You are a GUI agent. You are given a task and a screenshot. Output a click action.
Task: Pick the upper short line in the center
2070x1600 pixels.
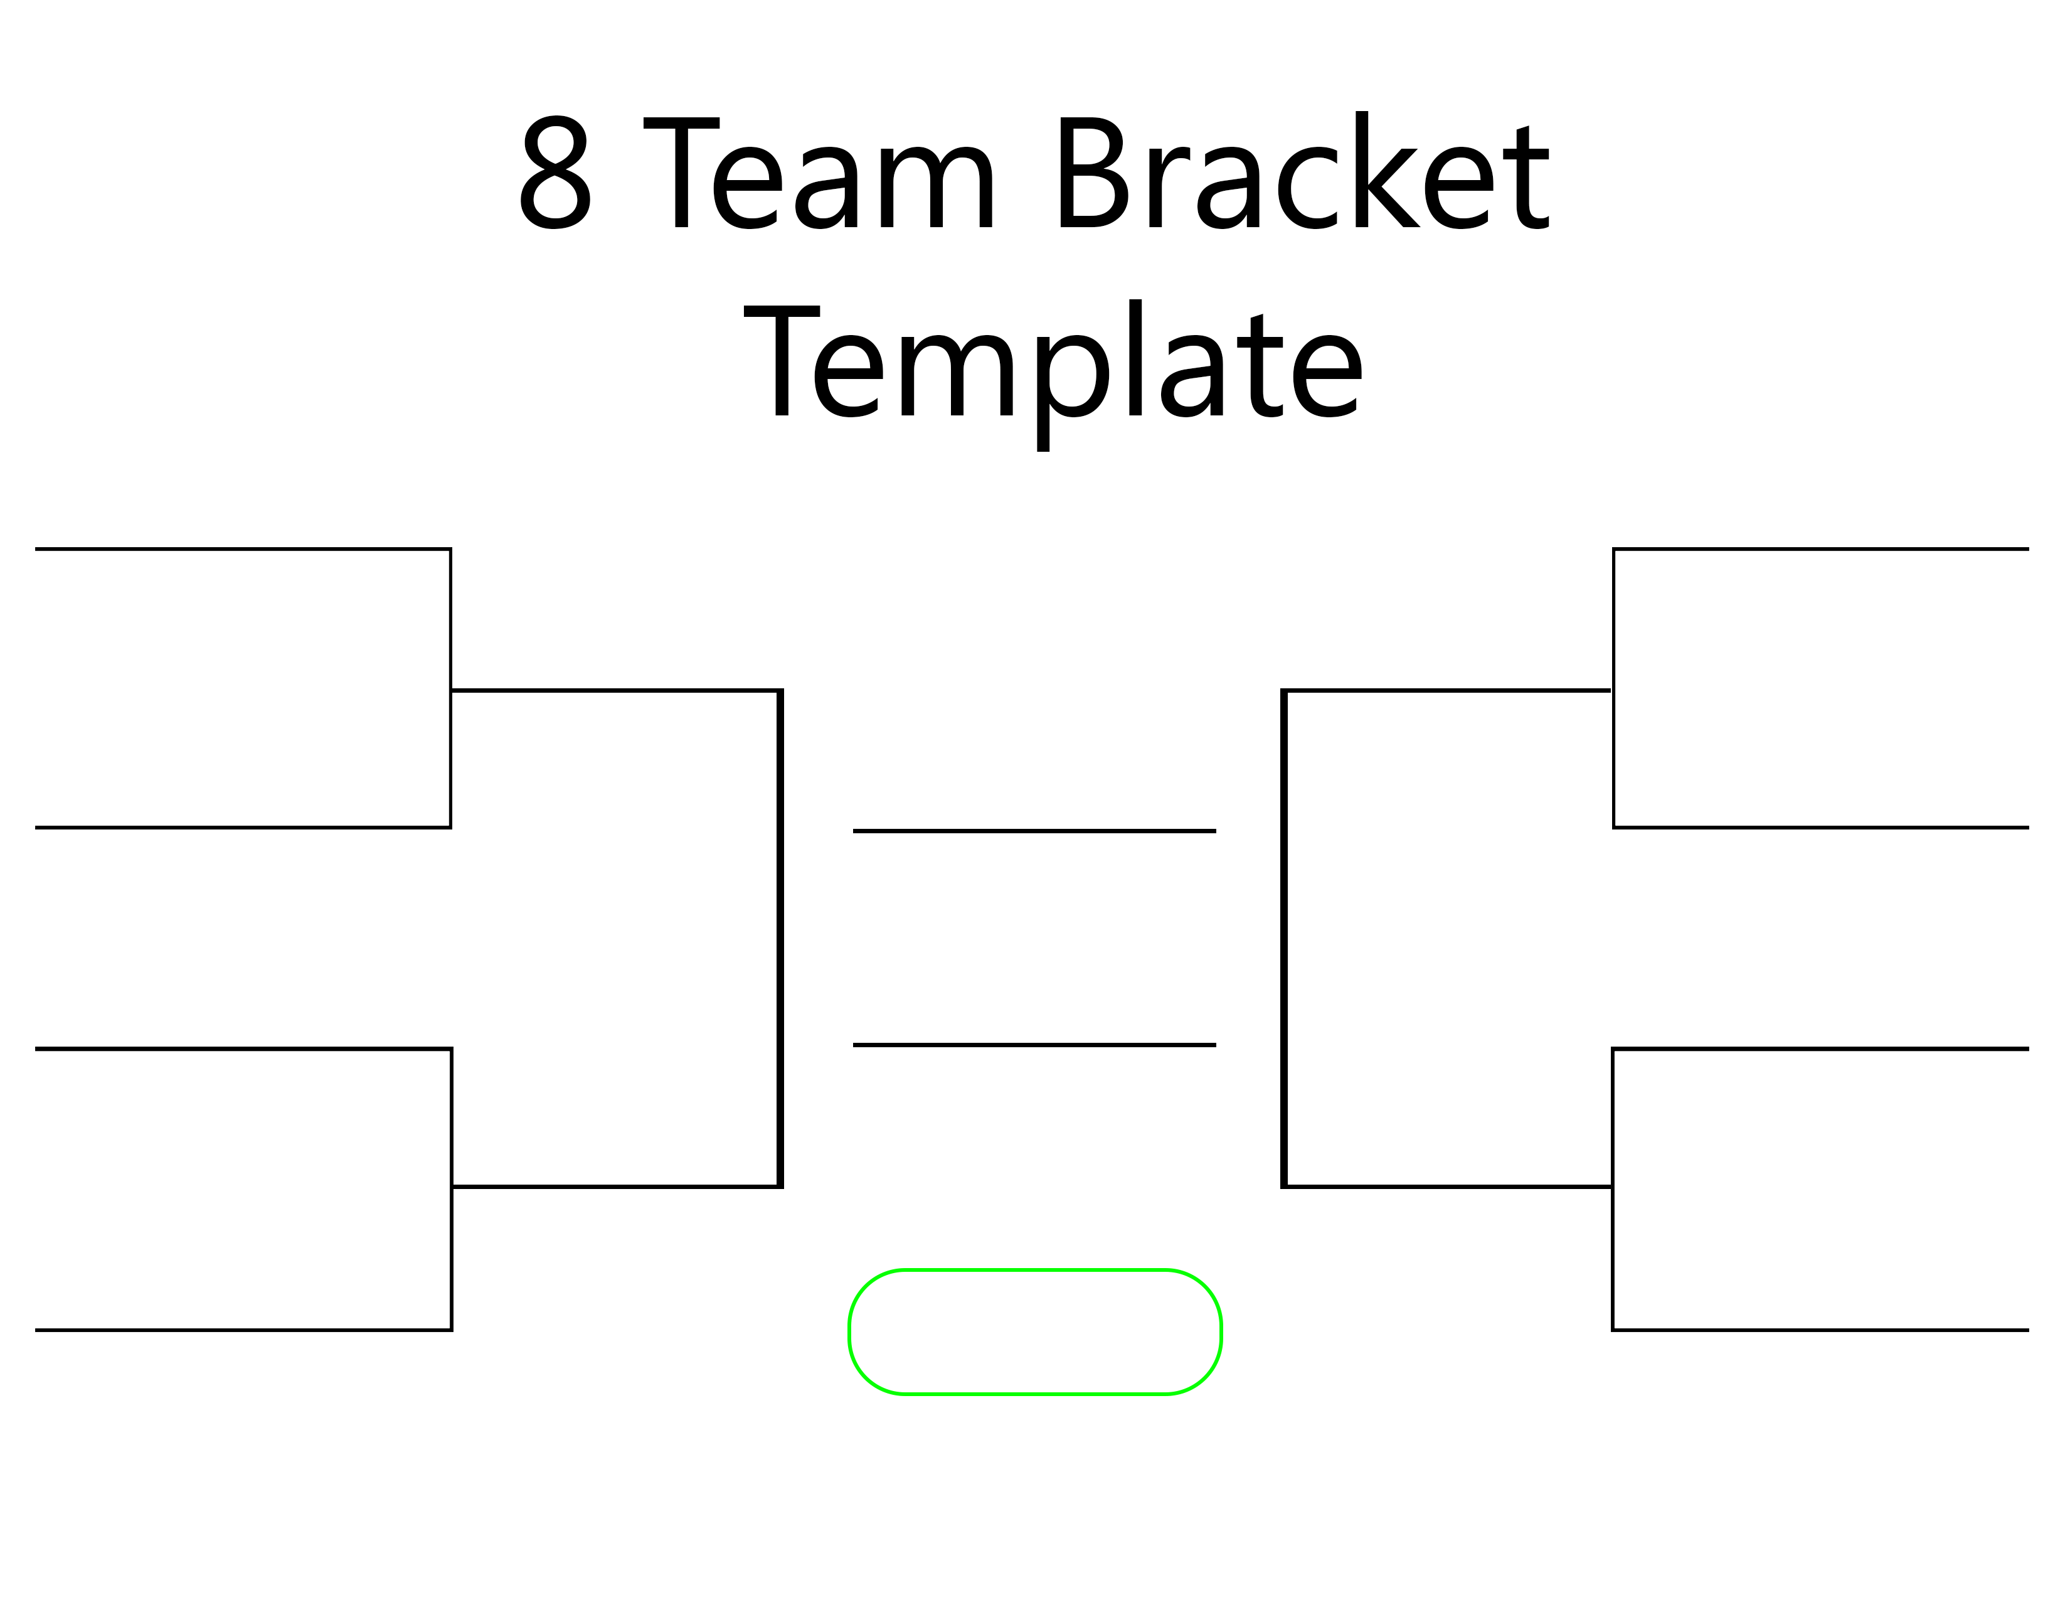(x=1034, y=831)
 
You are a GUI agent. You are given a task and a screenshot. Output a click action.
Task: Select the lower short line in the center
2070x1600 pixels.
(x=1034, y=1045)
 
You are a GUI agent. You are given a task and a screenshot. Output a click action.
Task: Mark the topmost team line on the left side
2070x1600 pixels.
(x=243, y=549)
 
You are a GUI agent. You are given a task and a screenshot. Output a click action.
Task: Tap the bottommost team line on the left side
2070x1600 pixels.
(x=243, y=1330)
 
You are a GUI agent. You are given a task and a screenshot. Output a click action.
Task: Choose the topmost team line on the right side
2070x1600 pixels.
(x=1821, y=549)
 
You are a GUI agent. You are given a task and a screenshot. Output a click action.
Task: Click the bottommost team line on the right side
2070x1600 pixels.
(x=1821, y=1330)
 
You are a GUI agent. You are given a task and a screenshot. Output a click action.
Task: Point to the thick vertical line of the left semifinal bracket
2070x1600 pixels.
(x=780, y=939)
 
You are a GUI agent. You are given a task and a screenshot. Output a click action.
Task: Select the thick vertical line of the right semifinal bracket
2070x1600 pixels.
(x=1284, y=939)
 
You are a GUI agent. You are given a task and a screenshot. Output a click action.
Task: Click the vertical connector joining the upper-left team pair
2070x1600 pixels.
(x=450, y=688)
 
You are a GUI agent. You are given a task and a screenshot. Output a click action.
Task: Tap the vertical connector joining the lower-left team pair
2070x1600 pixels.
(x=451, y=1190)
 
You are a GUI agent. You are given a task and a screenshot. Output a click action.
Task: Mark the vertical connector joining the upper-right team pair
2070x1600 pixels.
(x=1614, y=688)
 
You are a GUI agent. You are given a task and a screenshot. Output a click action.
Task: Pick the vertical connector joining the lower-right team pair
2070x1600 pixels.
(x=1613, y=1190)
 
